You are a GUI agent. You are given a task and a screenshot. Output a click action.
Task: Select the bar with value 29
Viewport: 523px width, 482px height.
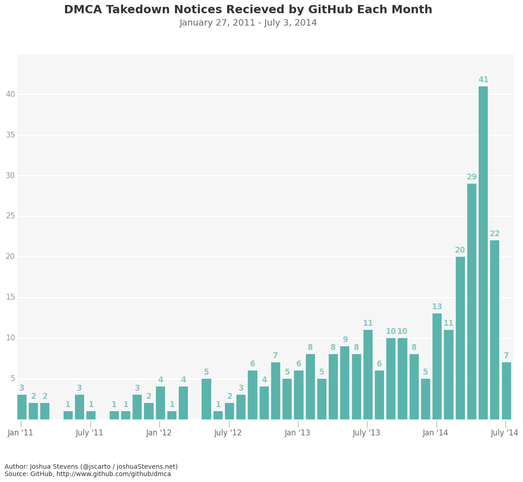tap(472, 302)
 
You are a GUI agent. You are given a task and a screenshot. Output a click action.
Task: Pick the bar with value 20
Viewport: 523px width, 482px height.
tap(460, 338)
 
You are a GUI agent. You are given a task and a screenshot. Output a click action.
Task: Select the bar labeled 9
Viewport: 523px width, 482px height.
tap(345, 383)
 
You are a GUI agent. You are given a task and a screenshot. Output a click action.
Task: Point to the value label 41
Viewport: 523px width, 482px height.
tap(483, 80)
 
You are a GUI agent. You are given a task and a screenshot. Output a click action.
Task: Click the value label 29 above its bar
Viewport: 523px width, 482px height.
tap(472, 177)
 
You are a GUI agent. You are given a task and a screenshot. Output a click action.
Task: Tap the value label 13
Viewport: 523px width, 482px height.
tap(437, 307)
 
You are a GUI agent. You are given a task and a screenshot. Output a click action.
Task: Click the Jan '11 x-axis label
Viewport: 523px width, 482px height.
tap(21, 433)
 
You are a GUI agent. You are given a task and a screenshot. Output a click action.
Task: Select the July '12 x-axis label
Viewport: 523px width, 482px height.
tap(228, 433)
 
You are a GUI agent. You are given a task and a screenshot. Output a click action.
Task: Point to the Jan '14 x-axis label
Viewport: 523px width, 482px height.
tap(436, 433)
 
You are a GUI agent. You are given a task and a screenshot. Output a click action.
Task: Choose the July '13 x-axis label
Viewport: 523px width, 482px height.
tap(367, 433)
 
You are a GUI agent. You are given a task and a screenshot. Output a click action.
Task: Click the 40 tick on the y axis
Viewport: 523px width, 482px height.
tap(10, 94)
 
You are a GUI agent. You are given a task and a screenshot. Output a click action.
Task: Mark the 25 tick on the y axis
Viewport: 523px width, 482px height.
tap(10, 216)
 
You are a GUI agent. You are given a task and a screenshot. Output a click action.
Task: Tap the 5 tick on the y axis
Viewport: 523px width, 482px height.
tap(12, 378)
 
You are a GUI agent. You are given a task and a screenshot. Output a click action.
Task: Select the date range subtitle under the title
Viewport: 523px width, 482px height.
tap(248, 23)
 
